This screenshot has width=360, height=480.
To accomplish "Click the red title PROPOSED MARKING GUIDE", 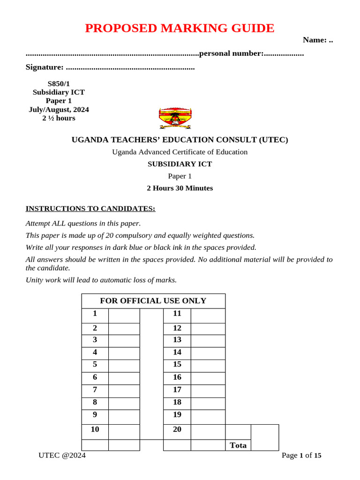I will pyautogui.click(x=180, y=28).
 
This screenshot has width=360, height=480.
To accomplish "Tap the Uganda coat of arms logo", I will pyautogui.click(x=175, y=118).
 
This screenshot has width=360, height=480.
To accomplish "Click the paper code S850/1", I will pyautogui.click(x=59, y=83).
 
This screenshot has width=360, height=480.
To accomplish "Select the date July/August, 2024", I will pyautogui.click(x=59, y=110).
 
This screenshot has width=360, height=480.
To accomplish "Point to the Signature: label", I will pyautogui.click(x=45, y=67).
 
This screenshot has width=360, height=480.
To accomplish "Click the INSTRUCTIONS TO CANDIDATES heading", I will pyautogui.click(x=90, y=209).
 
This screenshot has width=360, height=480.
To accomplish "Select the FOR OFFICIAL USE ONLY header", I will pyautogui.click(x=153, y=301).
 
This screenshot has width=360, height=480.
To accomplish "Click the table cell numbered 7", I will pyautogui.click(x=95, y=390).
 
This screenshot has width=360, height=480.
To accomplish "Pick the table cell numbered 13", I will pyautogui.click(x=177, y=339).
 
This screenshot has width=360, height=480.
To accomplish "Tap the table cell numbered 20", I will pyautogui.click(x=177, y=429).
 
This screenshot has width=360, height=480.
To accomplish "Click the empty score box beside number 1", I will pyautogui.click(x=124, y=315).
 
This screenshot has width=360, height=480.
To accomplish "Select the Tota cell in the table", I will pyautogui.click(x=238, y=445).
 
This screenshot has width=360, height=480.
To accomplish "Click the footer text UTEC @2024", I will pyautogui.click(x=62, y=455).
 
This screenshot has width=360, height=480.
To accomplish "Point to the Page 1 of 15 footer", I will pyautogui.click(x=301, y=455).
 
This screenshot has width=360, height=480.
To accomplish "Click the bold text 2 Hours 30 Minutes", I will pyautogui.click(x=180, y=188).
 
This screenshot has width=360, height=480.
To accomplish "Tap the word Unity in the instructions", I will pyautogui.click(x=35, y=280).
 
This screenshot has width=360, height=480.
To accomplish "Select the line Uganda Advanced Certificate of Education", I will pyautogui.click(x=180, y=152).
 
